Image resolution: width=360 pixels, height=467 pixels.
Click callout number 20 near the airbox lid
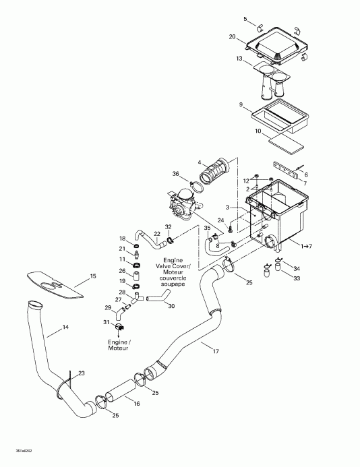pos(232,36)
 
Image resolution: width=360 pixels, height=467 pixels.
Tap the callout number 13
pos(239,59)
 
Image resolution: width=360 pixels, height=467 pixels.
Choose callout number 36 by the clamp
pos(176,174)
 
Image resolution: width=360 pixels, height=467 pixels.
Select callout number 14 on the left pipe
pos(66,328)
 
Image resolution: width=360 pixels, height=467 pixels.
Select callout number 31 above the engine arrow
pos(105,322)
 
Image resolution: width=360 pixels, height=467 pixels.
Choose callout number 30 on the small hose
pos(171,306)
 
